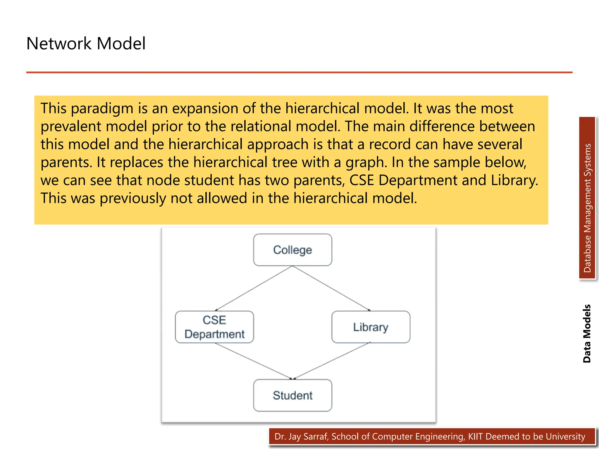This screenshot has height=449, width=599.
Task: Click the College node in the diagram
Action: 292,250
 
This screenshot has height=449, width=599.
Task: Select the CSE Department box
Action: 214,327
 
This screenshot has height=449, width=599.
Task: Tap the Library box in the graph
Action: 371,327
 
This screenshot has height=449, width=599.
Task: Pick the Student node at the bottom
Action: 292,395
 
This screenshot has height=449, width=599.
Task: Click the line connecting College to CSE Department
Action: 254,288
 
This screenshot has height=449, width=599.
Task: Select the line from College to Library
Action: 331,288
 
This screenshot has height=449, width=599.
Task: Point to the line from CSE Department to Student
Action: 253,361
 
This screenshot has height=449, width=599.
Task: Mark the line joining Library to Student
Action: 332,361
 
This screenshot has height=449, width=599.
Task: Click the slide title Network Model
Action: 86,44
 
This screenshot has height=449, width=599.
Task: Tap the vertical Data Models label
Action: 587,334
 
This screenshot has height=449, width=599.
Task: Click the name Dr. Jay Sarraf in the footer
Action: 301,436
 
